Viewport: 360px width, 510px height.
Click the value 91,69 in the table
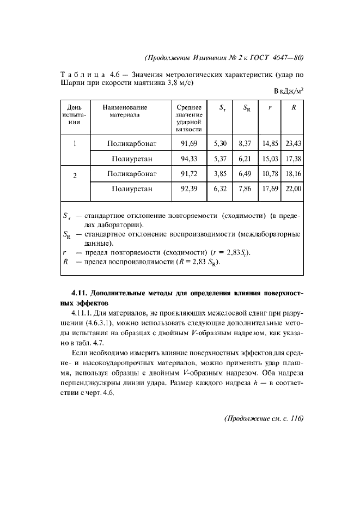click(188, 144)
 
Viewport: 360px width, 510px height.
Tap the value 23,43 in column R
click(293, 144)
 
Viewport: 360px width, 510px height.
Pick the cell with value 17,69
click(270, 190)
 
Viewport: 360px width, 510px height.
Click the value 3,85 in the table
click(220, 174)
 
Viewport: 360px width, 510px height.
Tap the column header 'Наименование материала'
click(125, 111)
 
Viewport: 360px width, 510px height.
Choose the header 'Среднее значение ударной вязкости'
click(188, 118)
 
